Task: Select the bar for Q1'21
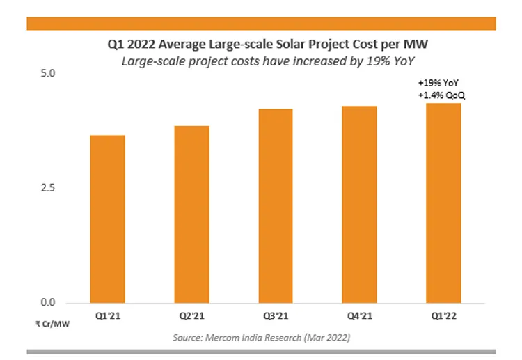click(107, 219)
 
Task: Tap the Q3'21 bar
click(275, 206)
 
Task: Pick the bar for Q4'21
click(359, 205)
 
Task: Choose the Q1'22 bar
click(443, 203)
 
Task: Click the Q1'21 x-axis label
click(107, 316)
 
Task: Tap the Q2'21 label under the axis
click(191, 316)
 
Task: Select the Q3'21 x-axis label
click(275, 316)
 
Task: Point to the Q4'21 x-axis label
click(359, 316)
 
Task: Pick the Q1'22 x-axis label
click(443, 316)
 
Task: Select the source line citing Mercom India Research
click(261, 337)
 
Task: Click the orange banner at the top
click(261, 24)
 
